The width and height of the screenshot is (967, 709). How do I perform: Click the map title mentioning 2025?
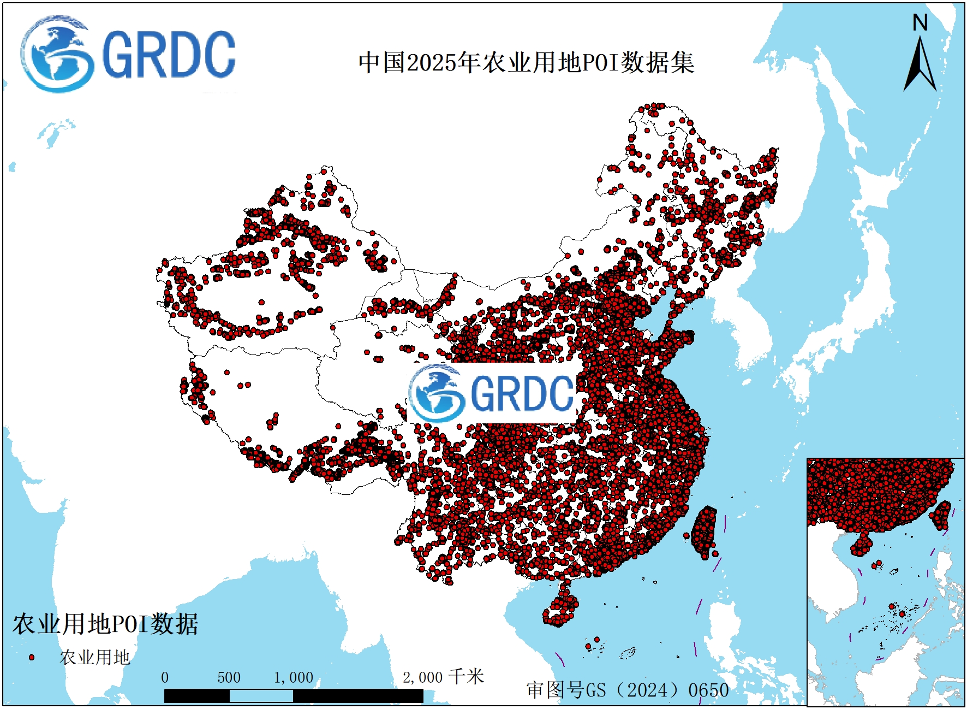[526, 62]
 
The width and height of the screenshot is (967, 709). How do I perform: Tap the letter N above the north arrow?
[920, 23]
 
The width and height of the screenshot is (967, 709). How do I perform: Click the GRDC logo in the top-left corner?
[128, 55]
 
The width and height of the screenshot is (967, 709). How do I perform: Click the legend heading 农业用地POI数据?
[105, 624]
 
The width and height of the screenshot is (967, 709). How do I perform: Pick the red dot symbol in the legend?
[32, 657]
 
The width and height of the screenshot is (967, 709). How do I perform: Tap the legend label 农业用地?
[94, 657]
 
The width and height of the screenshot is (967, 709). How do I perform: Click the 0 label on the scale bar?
[165, 678]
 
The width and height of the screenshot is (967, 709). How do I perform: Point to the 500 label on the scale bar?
[229, 678]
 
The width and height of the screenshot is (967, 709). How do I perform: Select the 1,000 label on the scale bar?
[293, 678]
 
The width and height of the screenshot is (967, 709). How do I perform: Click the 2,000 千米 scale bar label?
[443, 677]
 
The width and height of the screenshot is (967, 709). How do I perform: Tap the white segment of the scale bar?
[261, 696]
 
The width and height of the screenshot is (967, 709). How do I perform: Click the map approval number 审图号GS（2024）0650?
[627, 690]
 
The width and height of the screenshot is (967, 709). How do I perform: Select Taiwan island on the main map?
[705, 533]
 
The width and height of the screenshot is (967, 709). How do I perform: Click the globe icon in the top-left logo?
[56, 55]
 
